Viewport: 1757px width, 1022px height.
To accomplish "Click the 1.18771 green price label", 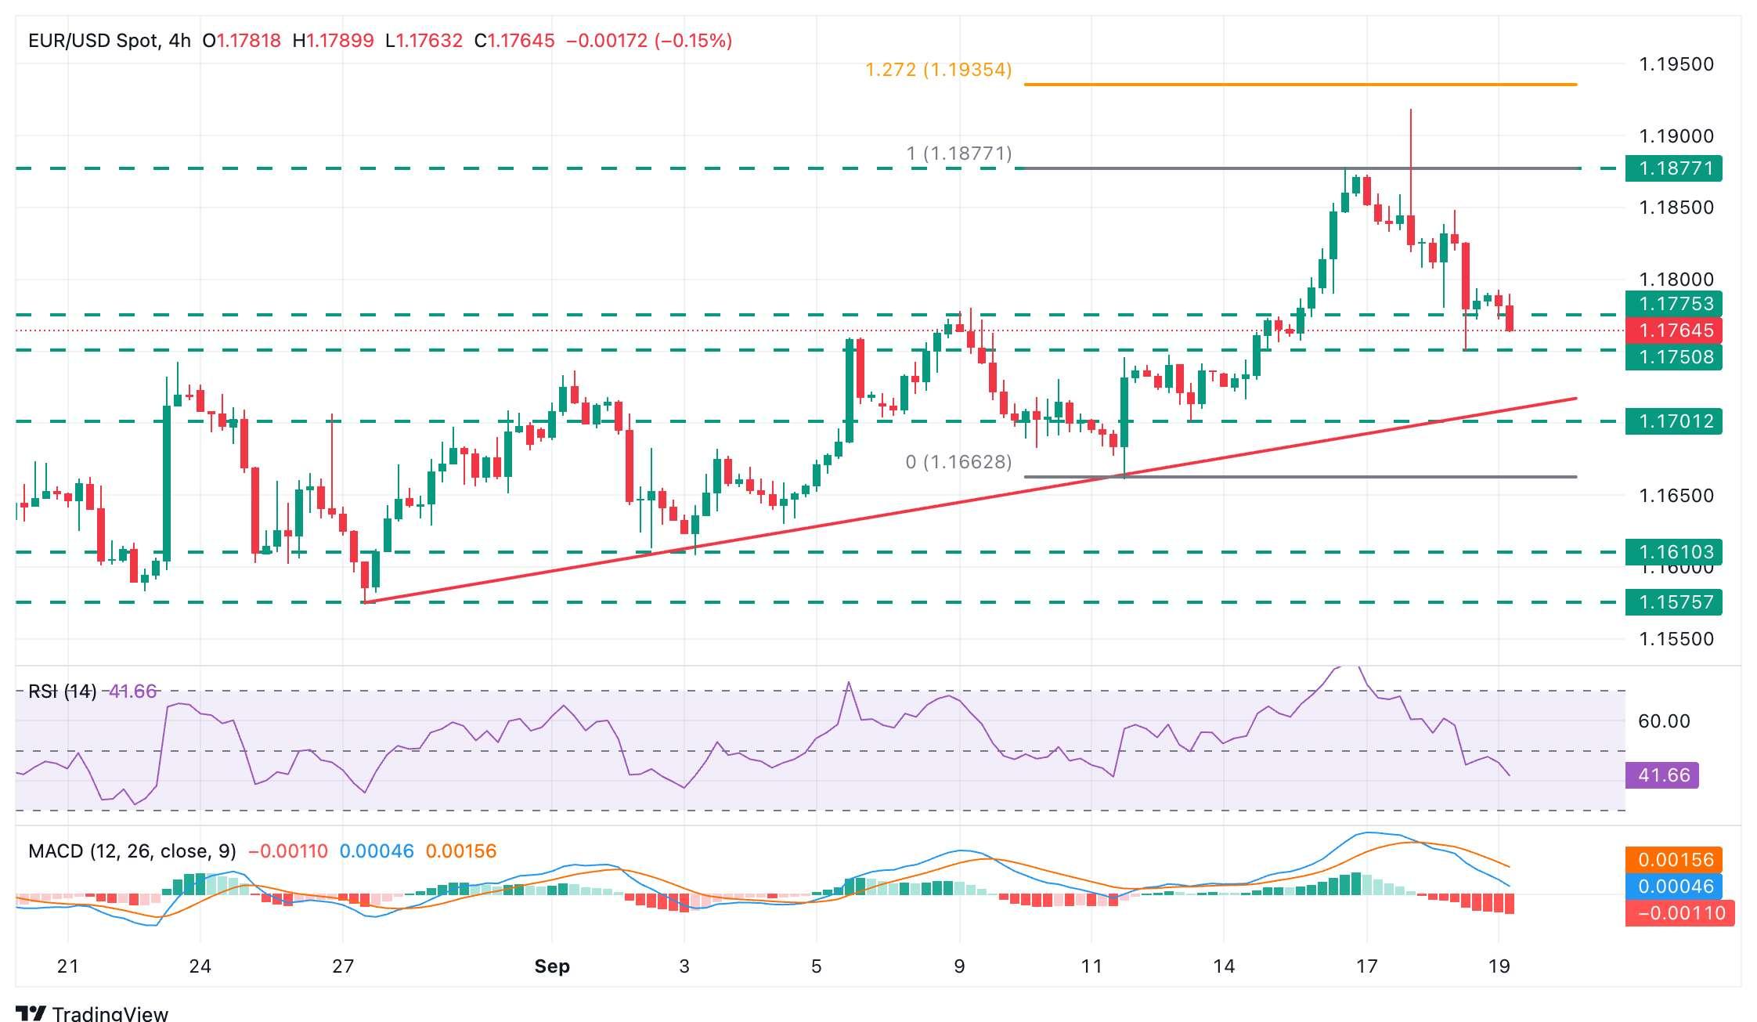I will tap(1672, 168).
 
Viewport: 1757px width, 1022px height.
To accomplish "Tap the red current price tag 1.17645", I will tap(1672, 330).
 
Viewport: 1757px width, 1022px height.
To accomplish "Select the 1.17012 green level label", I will tap(1672, 421).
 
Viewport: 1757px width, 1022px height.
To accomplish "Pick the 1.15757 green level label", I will tap(1672, 602).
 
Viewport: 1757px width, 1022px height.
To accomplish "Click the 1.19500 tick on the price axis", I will tap(1676, 64).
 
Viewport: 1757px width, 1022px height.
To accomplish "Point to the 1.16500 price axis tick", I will tap(1676, 496).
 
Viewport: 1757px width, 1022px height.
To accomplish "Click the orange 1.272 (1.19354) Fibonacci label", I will tap(938, 70).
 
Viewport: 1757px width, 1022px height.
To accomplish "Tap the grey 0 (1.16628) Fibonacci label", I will tap(958, 462).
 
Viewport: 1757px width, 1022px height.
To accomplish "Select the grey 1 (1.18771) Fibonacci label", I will tap(958, 153).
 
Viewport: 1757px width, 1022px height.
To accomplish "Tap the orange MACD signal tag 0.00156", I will tap(1675, 860).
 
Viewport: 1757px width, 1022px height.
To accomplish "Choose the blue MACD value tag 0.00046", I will tap(1675, 887).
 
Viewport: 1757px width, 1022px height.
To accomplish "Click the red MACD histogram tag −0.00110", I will tap(1679, 913).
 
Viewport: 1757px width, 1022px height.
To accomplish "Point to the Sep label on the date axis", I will tap(552, 966).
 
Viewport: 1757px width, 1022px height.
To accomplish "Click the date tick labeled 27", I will tap(343, 966).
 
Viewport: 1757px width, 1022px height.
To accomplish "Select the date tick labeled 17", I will tap(1366, 966).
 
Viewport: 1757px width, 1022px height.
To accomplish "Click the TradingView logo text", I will tap(110, 1013).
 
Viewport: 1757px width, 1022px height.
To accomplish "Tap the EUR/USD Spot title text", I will tap(93, 41).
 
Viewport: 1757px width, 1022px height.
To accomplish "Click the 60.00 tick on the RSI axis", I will tap(1663, 721).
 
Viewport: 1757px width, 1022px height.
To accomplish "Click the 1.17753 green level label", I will tap(1672, 304).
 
